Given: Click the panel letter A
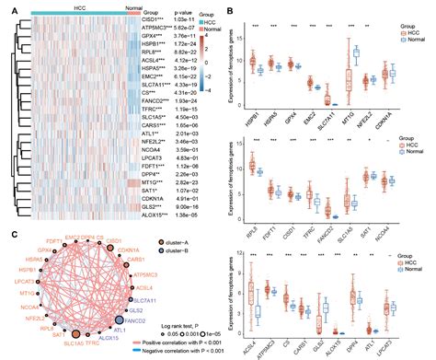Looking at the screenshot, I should tap(6, 6).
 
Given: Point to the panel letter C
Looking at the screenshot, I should tap(6, 232).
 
